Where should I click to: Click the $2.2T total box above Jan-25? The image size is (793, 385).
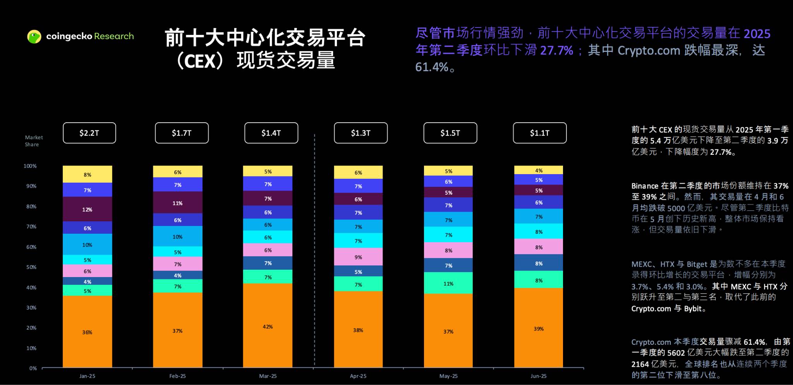point(89,133)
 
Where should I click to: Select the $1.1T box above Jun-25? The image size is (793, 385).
point(539,133)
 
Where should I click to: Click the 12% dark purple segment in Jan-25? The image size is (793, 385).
point(87,209)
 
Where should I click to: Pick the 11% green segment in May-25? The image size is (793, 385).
point(448,283)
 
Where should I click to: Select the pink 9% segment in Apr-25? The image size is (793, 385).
point(358,257)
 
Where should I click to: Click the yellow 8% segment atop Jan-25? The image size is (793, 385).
point(87,175)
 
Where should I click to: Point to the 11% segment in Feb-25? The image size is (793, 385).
point(177,203)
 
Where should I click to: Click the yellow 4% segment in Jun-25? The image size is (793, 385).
point(538,170)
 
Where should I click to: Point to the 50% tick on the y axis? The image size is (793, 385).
point(31,267)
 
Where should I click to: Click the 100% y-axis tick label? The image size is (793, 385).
point(30,166)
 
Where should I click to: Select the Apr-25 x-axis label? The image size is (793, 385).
point(358,376)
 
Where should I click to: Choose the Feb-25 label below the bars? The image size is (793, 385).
point(177,376)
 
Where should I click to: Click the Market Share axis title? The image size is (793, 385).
point(34,141)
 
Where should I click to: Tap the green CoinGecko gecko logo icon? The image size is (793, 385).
point(34,36)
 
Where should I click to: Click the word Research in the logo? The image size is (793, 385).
point(114,36)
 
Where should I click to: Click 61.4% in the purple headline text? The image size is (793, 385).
point(431,67)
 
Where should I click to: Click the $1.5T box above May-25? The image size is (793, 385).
point(450,133)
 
